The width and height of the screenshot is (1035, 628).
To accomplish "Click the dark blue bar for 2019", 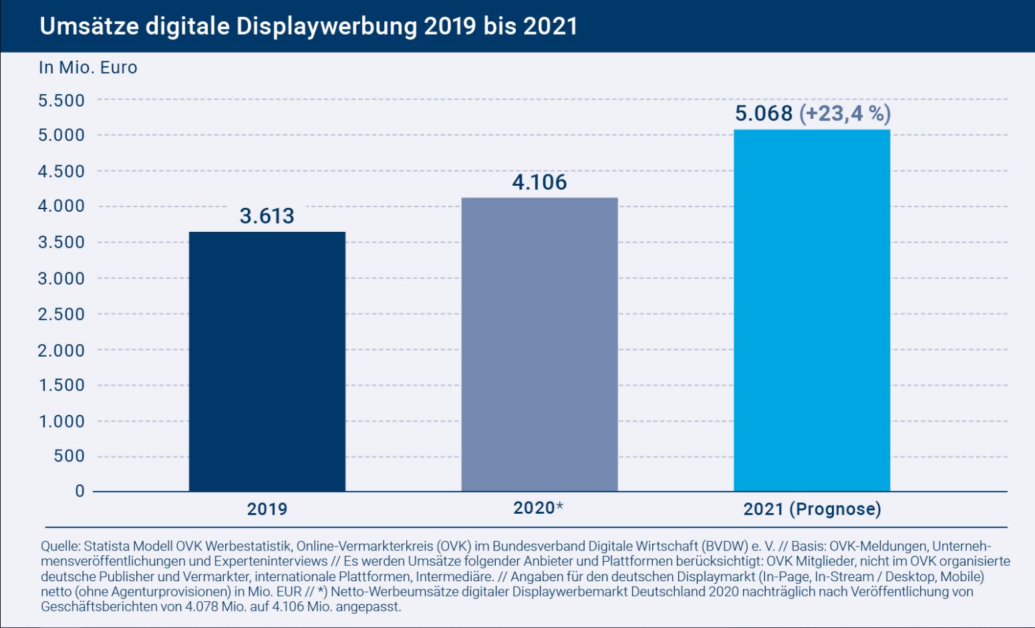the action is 267,361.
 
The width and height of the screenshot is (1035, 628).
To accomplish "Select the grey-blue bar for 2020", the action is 540,344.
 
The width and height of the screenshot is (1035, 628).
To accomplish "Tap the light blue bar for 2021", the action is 812,311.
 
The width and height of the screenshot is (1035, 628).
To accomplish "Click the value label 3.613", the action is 267,216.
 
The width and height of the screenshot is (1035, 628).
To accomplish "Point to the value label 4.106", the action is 539,182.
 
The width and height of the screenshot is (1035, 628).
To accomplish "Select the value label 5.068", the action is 764,113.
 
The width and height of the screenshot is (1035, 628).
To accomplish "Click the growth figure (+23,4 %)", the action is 845,114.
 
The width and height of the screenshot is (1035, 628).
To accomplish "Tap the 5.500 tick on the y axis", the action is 61,100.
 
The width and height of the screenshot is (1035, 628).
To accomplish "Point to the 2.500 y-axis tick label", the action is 61,314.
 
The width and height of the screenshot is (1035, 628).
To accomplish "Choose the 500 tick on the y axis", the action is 69,456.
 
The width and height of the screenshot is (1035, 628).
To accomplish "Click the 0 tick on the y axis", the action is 80,491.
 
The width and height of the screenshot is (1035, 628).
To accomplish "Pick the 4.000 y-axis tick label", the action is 61,206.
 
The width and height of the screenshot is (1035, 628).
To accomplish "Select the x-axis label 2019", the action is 267,509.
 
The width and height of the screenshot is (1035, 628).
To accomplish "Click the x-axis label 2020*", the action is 539,508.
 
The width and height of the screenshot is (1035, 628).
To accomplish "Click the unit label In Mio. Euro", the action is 88,67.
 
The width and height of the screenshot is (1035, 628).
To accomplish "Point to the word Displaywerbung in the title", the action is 327,26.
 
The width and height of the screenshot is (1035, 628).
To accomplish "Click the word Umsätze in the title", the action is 89,26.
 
